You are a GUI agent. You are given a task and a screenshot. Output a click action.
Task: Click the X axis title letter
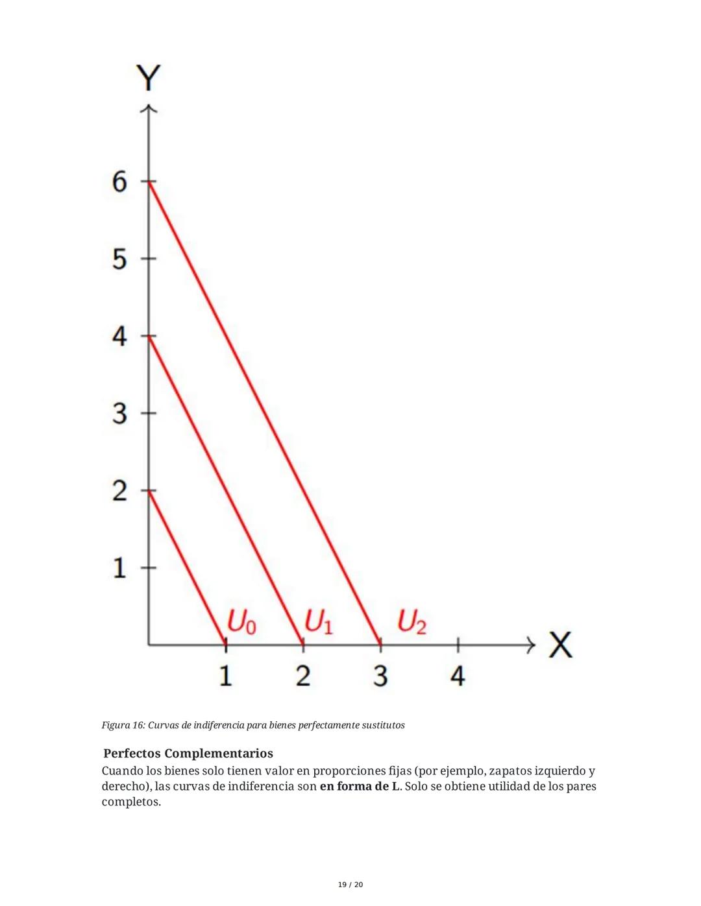[560, 645]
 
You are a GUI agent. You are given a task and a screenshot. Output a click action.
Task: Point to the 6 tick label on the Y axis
[119, 182]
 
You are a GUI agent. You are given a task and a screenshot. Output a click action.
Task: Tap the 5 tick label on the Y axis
[119, 259]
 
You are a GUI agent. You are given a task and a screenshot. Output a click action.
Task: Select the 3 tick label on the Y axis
[119, 413]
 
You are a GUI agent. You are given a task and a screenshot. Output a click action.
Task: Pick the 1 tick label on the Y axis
[119, 568]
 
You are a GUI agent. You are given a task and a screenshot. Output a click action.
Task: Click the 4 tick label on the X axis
[458, 676]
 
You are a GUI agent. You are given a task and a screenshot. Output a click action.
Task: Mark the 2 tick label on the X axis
[303, 676]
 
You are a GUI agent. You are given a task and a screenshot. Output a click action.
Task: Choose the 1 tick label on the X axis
[225, 676]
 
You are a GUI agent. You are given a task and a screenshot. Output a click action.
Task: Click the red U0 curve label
[241, 623]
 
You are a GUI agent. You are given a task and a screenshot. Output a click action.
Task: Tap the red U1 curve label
[319, 623]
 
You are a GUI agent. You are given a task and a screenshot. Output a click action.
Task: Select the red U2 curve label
[412, 623]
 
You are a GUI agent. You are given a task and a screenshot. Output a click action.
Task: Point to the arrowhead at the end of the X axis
[530, 645]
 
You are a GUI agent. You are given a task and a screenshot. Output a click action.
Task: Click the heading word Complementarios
[219, 754]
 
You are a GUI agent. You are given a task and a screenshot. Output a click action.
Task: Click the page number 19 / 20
[350, 885]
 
